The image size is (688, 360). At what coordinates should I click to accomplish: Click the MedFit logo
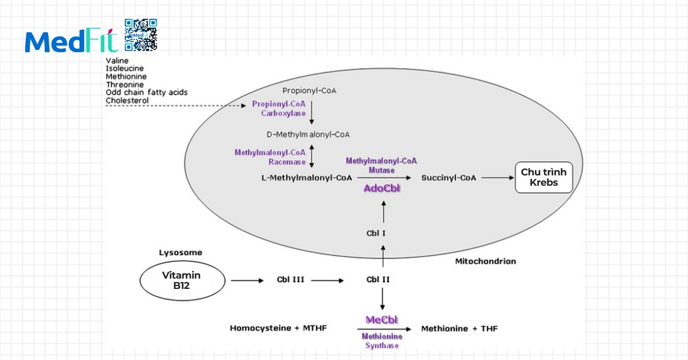(71, 41)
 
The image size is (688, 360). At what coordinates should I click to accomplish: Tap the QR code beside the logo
(140, 35)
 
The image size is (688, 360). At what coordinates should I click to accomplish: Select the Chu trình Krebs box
(544, 178)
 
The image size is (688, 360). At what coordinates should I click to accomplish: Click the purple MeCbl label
(382, 319)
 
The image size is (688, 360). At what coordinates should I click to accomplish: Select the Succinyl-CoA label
(449, 178)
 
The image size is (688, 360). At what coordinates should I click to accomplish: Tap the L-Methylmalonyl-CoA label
(307, 178)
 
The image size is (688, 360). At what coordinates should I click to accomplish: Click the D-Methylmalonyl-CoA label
(308, 135)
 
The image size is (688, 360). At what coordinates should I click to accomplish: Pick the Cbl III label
(290, 280)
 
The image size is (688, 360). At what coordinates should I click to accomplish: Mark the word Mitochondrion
(485, 261)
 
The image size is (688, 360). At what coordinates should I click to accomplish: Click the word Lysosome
(181, 253)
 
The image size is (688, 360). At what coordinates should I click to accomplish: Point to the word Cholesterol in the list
(127, 101)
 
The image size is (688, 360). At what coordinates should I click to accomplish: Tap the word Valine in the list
(117, 60)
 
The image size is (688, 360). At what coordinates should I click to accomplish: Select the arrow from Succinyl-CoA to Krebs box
(497, 178)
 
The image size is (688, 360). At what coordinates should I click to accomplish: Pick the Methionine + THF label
(459, 329)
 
